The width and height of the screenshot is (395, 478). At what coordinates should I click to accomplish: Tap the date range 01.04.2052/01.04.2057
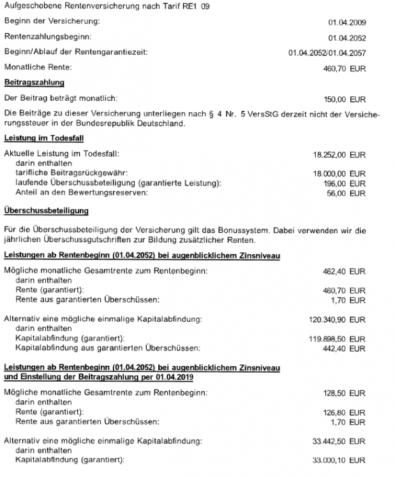pyautogui.click(x=327, y=52)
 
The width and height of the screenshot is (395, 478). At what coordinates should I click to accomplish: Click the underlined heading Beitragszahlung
pyautogui.click(x=34, y=82)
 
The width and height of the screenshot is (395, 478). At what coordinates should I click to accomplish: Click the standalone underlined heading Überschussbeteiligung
pyautogui.click(x=46, y=210)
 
